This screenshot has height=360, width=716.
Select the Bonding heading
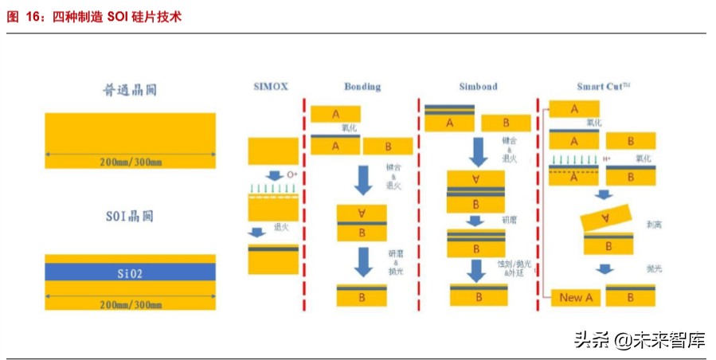pyautogui.click(x=362, y=87)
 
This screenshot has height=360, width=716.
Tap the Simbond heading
pyautogui.click(x=478, y=87)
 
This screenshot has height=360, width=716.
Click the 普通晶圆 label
pyautogui.click(x=131, y=90)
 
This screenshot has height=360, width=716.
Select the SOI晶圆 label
pyautogui.click(x=130, y=216)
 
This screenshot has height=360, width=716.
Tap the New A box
pyautogui.click(x=571, y=298)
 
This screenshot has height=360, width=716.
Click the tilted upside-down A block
pyautogui.click(x=604, y=217)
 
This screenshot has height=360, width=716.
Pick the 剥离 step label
pyautogui.click(x=655, y=225)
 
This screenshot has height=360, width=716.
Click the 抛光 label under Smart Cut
pyautogui.click(x=655, y=269)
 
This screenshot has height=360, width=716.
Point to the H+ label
pyautogui.click(x=606, y=159)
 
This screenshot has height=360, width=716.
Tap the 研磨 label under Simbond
pyautogui.click(x=508, y=217)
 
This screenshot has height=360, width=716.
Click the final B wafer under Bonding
pyautogui.click(x=362, y=295)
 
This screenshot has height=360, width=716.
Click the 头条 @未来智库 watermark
pyautogui.click(x=640, y=340)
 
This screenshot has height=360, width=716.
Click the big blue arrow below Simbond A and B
pyautogui.click(x=478, y=152)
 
